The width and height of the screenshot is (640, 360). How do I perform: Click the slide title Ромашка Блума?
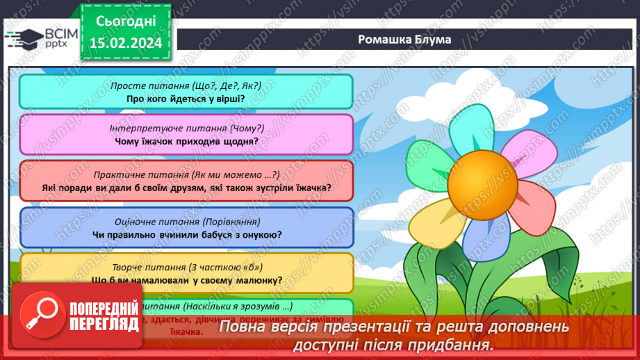click(x=404, y=39)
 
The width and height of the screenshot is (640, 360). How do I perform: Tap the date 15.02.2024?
click(x=125, y=42)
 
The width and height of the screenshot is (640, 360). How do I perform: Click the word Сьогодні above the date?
click(x=125, y=21)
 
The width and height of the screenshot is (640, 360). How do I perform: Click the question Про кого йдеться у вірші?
click(x=186, y=98)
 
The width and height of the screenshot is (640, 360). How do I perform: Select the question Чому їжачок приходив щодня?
click(x=186, y=141)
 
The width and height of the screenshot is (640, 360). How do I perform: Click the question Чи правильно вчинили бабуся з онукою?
click(x=186, y=234)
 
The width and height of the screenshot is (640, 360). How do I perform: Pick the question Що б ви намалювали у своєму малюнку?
click(x=186, y=280)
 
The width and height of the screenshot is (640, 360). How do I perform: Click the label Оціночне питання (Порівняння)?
click(x=186, y=222)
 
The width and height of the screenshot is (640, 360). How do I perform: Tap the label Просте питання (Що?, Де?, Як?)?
click(x=186, y=85)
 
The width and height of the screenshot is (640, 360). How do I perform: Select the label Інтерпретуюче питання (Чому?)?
click(x=186, y=129)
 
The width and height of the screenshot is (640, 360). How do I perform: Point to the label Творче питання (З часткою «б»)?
click(x=186, y=267)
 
